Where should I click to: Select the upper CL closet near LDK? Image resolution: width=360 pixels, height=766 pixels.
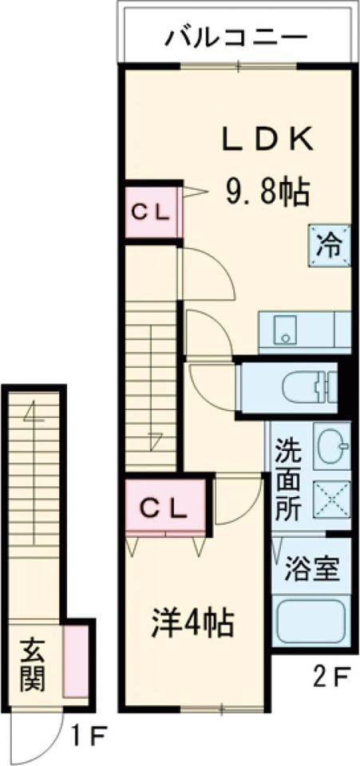pos(151,212)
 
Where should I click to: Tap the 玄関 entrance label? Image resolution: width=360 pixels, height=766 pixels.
pos(32,665)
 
